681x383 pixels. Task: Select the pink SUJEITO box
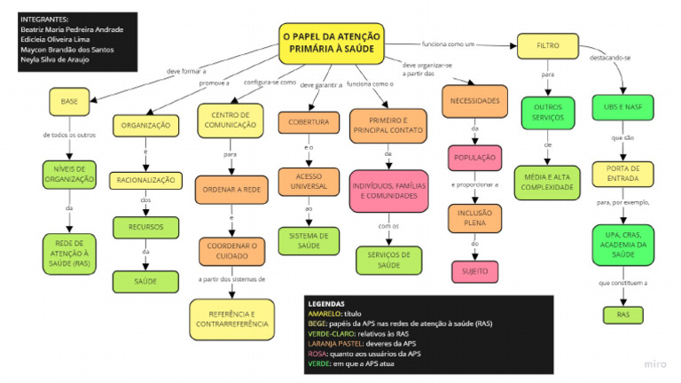(474, 270)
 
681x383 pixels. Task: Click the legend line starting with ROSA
(364, 353)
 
